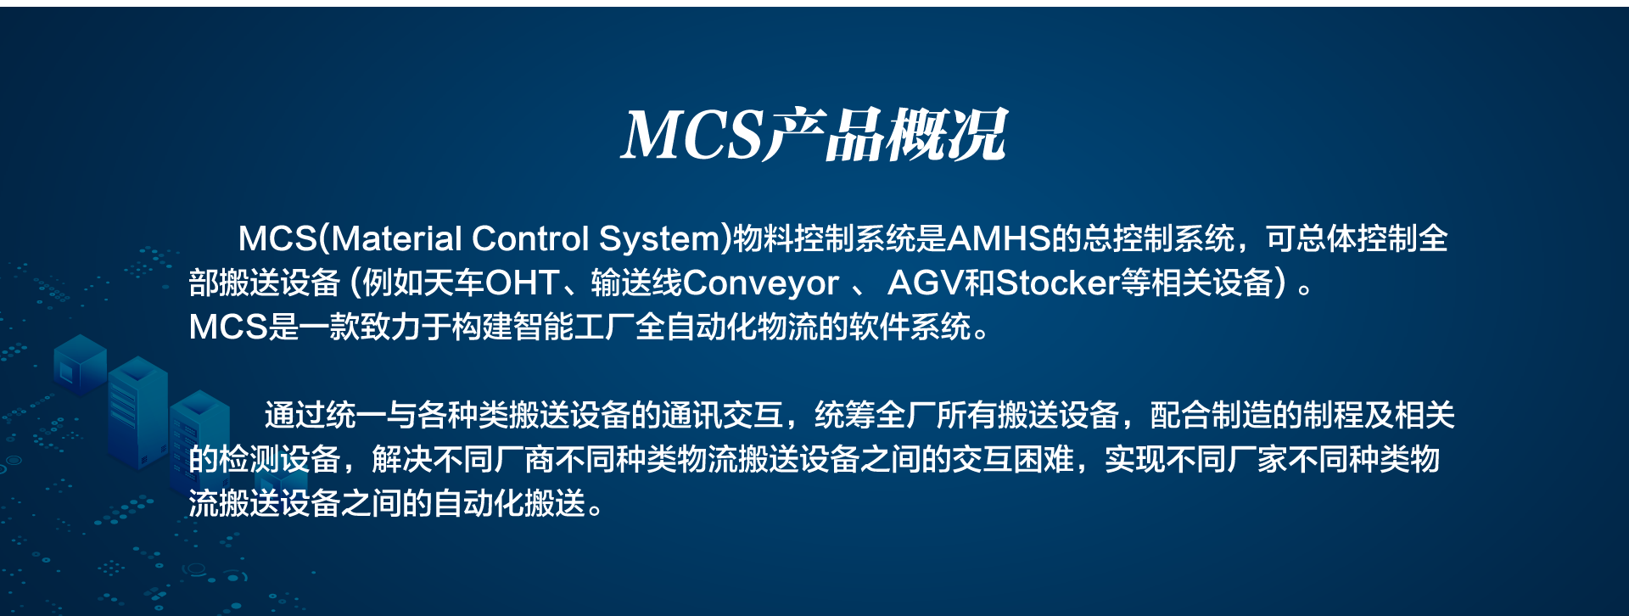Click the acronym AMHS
(999, 238)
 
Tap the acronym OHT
(522, 283)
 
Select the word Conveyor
(760, 283)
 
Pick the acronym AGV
(925, 283)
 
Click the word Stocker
(1057, 283)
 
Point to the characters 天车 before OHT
(453, 283)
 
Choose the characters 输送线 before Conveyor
(636, 283)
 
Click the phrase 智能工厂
(574, 327)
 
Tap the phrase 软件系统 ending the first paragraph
(910, 327)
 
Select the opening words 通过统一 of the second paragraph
(325, 415)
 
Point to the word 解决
(402, 459)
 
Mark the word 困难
(1044, 459)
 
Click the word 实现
(1135, 459)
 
